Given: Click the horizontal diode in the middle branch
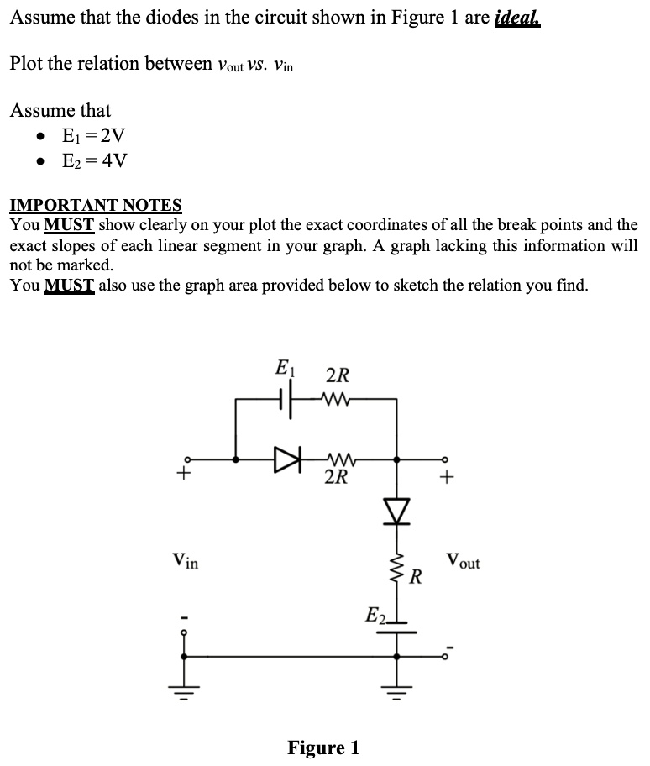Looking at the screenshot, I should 286,459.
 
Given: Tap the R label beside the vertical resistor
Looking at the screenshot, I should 415,578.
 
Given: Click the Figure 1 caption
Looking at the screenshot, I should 323,747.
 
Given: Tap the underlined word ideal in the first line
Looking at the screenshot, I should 517,18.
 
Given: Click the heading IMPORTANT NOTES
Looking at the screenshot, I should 95,205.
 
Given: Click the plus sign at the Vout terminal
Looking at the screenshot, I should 448,479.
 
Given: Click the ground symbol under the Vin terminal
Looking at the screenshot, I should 185,694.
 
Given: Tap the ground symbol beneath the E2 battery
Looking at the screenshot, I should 396,694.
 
